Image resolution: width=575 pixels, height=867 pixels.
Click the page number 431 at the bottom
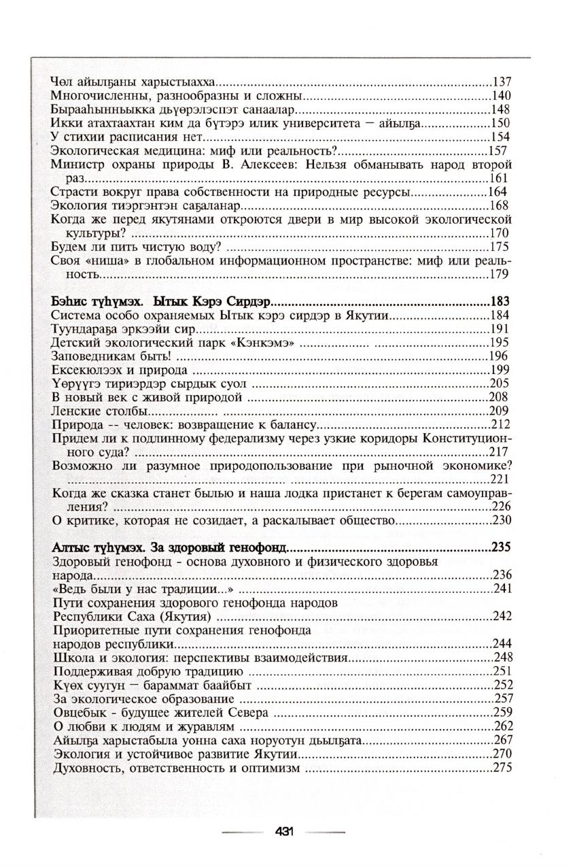point(284,832)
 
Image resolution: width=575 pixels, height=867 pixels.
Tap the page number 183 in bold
point(501,301)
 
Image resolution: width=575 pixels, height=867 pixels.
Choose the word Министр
point(75,165)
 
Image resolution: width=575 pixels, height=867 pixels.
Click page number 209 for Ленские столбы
point(500,411)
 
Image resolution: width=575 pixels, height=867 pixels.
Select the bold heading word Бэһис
point(69,301)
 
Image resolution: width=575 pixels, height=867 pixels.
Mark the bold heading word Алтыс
point(70,547)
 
